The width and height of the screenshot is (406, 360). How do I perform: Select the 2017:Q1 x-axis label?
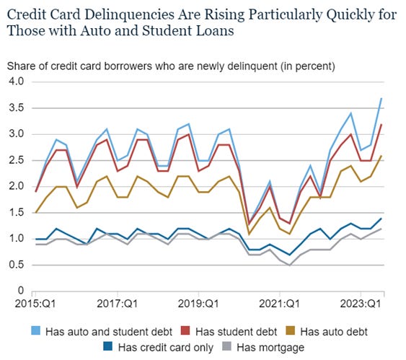point(118,302)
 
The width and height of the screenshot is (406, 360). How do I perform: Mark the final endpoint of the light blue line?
point(381,98)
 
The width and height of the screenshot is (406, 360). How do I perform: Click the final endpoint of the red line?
point(381,124)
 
